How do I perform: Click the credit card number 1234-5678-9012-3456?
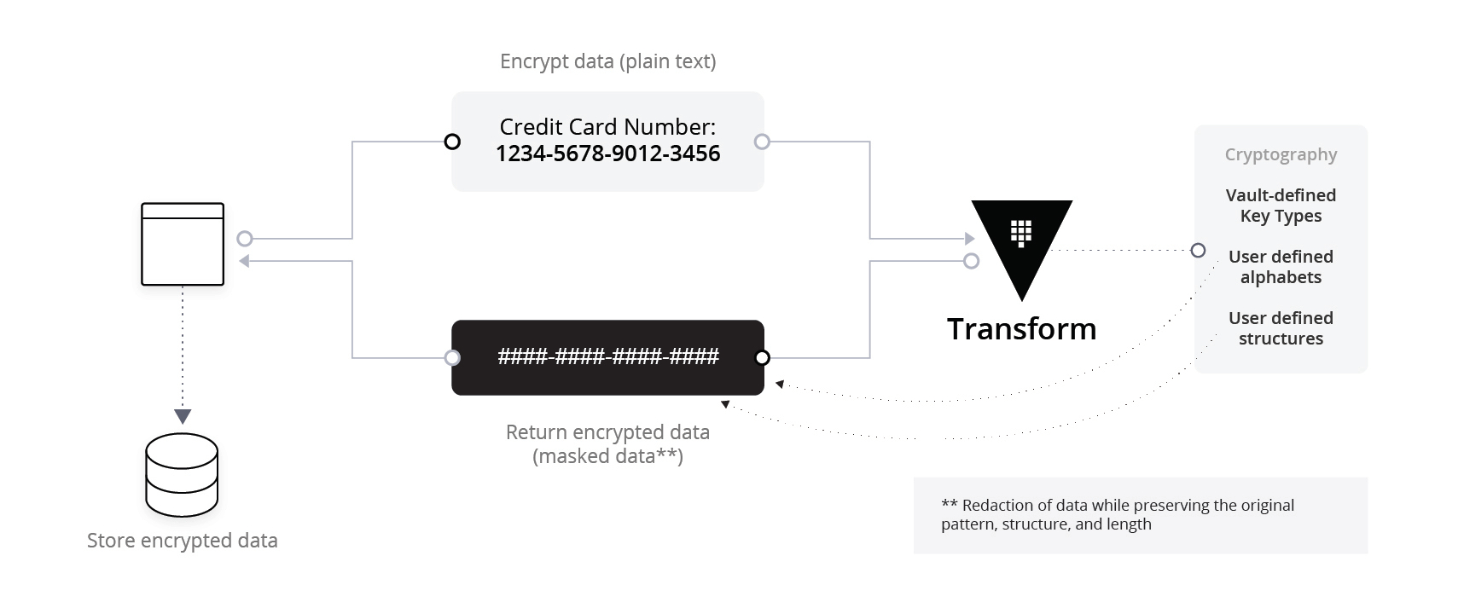(607, 153)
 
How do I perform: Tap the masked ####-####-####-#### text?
(607, 356)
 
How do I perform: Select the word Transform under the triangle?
(1021, 328)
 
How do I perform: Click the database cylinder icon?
(182, 475)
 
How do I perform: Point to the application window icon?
(183, 244)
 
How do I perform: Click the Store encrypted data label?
(183, 541)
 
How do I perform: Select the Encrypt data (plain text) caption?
(607, 61)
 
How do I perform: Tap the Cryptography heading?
(1281, 154)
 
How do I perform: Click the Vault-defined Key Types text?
(1281, 206)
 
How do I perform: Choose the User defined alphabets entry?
(1281, 267)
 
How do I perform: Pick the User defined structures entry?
(1281, 328)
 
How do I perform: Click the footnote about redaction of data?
(1118, 515)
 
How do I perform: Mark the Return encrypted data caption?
(607, 444)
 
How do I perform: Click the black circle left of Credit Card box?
(453, 142)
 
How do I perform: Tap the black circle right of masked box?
(763, 357)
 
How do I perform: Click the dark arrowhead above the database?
(183, 417)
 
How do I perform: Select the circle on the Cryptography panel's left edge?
(1198, 250)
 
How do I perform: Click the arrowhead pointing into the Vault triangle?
(970, 239)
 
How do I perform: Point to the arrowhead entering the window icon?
(244, 261)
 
